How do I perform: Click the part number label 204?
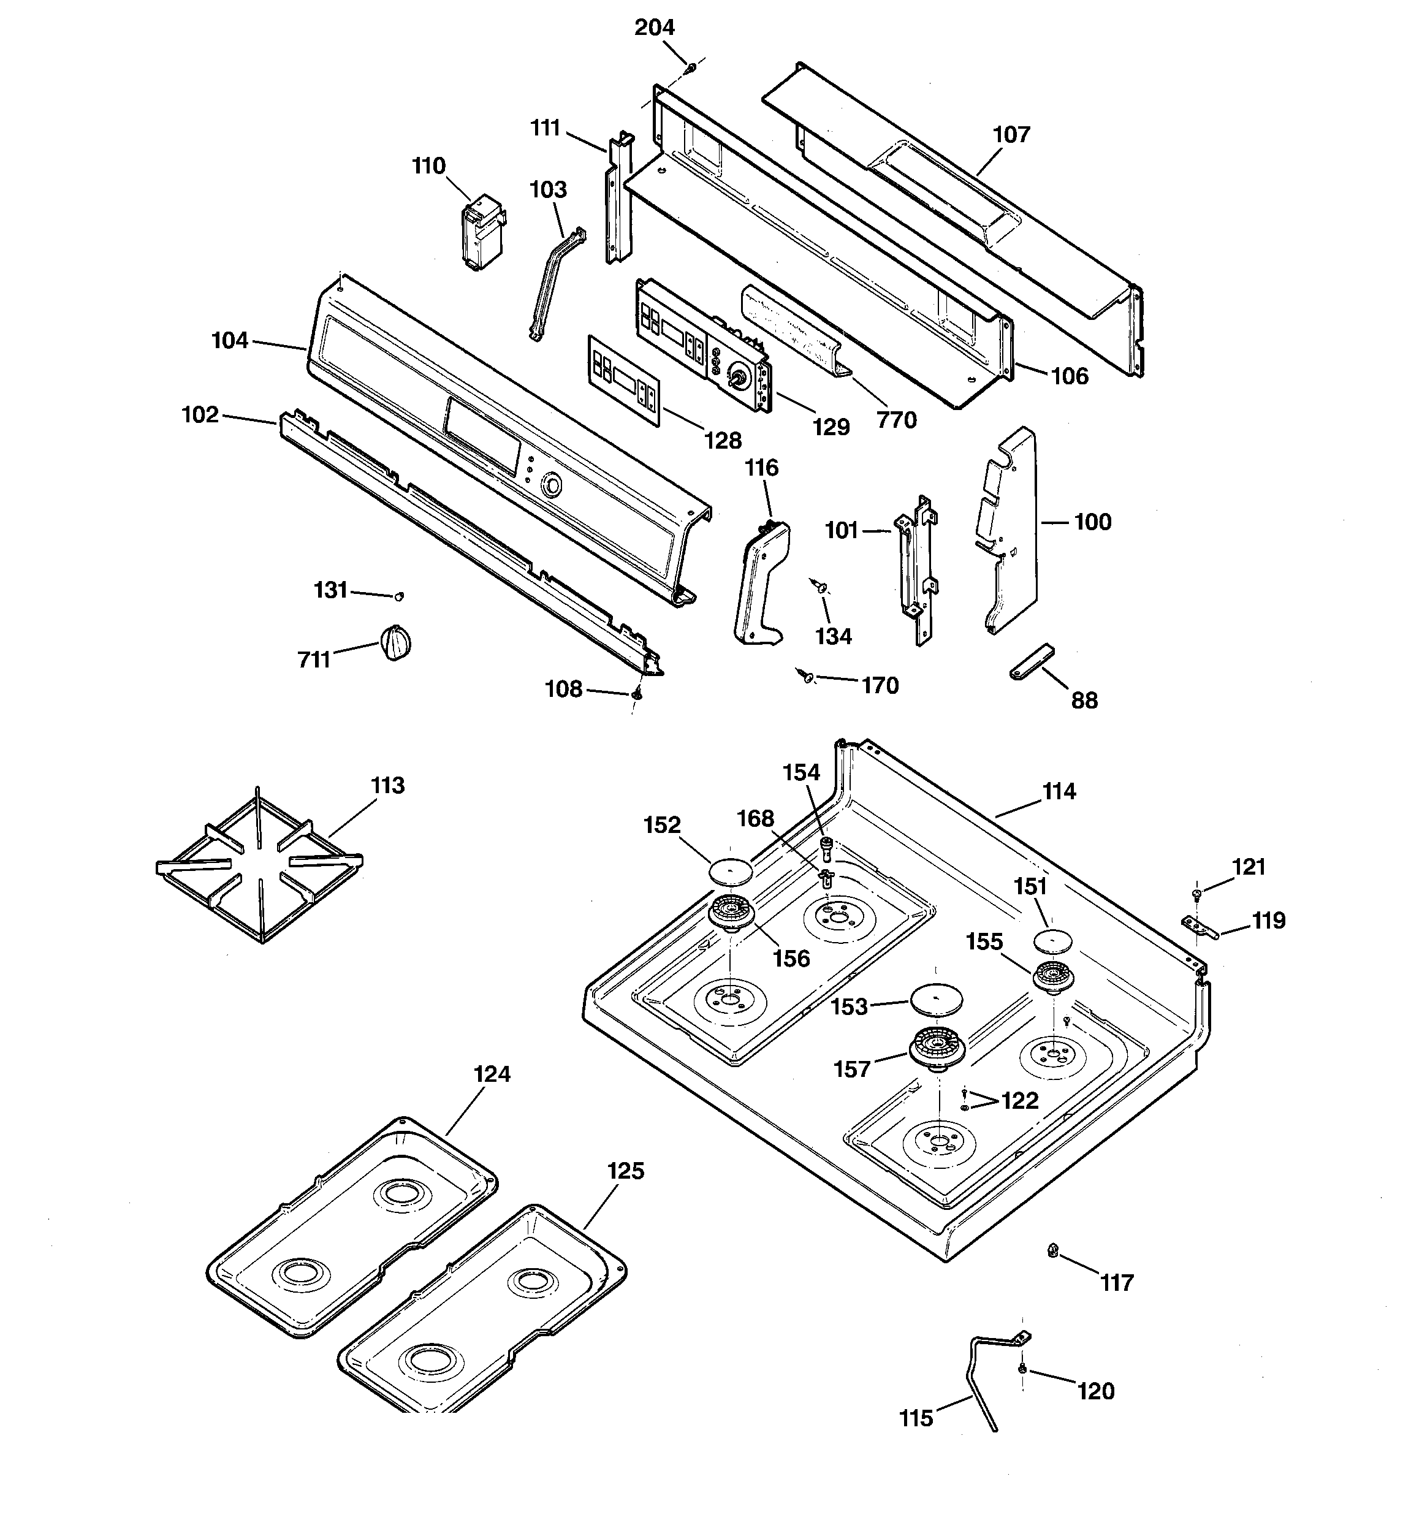(x=654, y=28)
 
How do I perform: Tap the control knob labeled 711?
(x=395, y=642)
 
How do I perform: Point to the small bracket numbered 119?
(x=1199, y=928)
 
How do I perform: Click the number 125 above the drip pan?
(x=626, y=1171)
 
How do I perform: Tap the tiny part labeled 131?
(x=398, y=596)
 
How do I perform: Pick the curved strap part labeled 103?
(x=556, y=283)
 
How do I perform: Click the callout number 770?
(x=896, y=420)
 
